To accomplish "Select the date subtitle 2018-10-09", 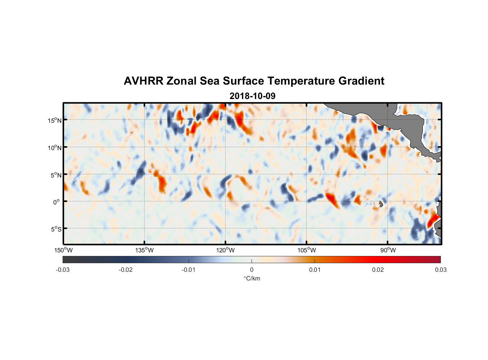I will click(252, 96).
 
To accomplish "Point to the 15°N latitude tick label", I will click(55, 120).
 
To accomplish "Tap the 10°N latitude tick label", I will click(55, 148).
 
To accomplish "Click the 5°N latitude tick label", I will click(56, 175).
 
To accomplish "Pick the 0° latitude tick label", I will click(57, 202).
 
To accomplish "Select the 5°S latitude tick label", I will click(56, 229).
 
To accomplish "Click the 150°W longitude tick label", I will click(63, 250).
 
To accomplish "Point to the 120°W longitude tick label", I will click(225, 250).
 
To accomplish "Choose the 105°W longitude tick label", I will click(307, 250).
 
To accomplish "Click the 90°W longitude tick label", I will click(388, 250).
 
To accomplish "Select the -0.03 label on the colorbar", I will click(63, 270).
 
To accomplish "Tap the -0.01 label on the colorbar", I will click(189, 270).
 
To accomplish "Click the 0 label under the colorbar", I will click(252, 270).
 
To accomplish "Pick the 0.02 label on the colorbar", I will click(378, 270).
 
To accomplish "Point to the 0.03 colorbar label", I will click(440, 270).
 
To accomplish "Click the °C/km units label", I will click(252, 278).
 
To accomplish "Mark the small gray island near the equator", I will click(381, 204).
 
